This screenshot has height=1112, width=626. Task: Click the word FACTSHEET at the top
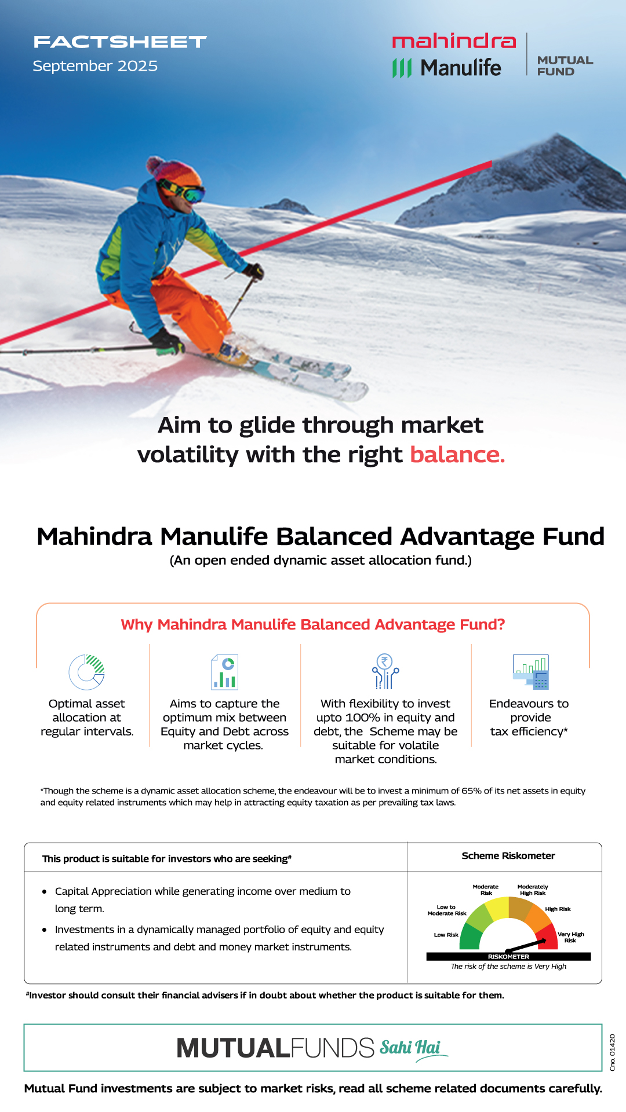coord(120,42)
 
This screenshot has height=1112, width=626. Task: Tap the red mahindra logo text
coord(454,41)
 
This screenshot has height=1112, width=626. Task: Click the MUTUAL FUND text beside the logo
coord(565,65)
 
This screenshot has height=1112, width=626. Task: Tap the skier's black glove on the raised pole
coord(254,270)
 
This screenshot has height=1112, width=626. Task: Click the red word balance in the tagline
coord(457,455)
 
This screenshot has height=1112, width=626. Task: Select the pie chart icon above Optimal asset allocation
coord(87,672)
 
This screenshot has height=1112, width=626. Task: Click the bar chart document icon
coord(224,672)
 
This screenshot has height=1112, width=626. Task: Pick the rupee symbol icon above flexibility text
coord(385,671)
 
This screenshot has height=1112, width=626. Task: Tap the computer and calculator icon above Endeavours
coord(530,672)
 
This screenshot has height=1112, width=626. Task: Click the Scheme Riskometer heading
coord(508,856)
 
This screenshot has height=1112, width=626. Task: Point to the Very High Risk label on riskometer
coord(570,937)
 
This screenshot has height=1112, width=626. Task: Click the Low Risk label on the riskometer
coord(446,935)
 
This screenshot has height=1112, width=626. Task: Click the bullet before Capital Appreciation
coord(45,892)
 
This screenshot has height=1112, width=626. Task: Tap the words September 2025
coord(95,66)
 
